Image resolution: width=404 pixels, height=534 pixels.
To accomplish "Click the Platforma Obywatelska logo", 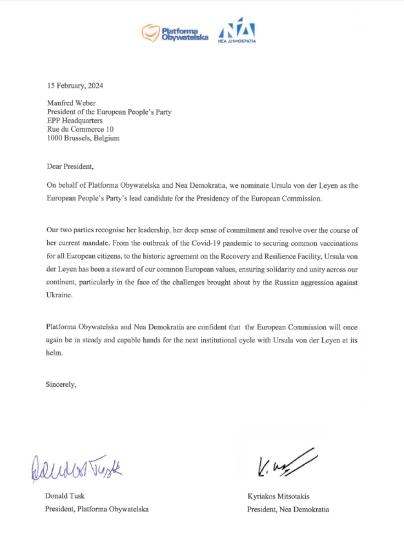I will pos(175,33).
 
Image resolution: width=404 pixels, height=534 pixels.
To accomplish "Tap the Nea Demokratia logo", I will pos(237,31).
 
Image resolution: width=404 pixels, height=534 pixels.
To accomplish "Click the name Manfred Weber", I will pos(72,104).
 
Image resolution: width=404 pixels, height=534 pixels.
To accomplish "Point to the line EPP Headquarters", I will pos(75,121).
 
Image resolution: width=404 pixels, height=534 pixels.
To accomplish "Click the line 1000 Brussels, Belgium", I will pos(83,138).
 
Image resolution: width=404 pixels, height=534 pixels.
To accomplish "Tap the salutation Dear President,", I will pos(70,166).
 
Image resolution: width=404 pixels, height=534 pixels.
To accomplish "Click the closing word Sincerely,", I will pos(61,384).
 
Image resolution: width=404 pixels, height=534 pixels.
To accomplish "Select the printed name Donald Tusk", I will pos(65,496).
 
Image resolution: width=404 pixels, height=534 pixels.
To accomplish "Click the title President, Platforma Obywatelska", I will pos(97,509).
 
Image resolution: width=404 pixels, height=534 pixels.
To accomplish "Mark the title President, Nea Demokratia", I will pos(288,509).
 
